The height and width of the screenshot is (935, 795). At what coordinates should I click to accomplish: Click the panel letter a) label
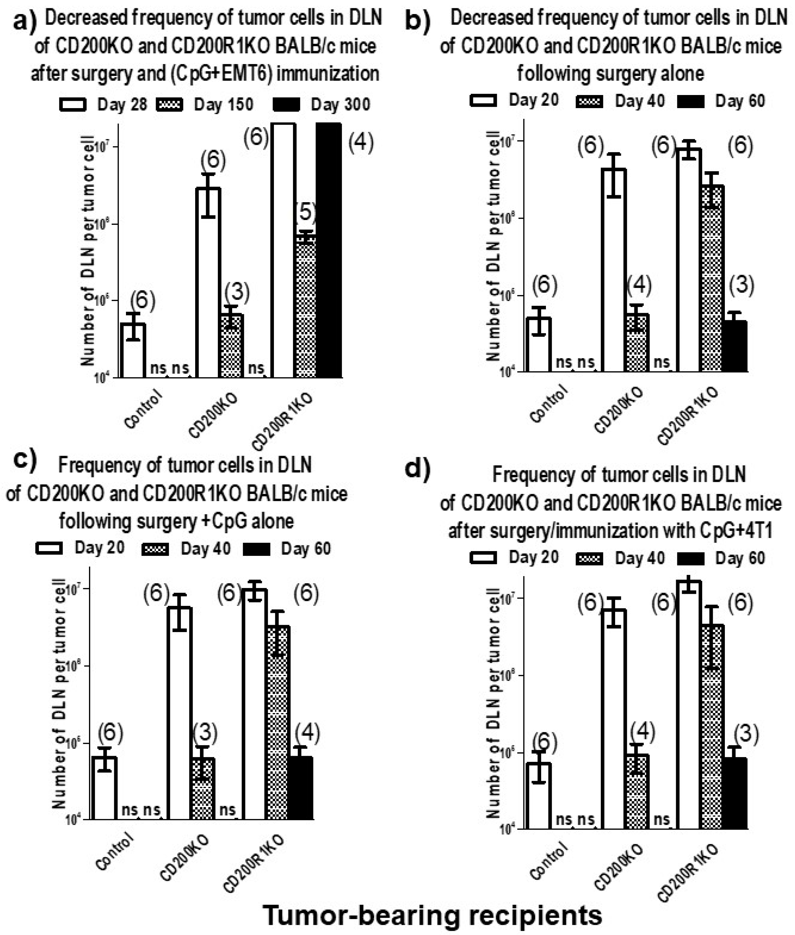(25, 21)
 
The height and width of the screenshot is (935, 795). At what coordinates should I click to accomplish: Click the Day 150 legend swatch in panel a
(170, 105)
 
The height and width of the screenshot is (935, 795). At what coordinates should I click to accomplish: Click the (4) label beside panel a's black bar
(361, 143)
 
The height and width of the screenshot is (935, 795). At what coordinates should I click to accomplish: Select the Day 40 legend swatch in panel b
(590, 101)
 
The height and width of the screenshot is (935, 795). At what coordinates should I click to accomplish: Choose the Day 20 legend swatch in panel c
(49, 549)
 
